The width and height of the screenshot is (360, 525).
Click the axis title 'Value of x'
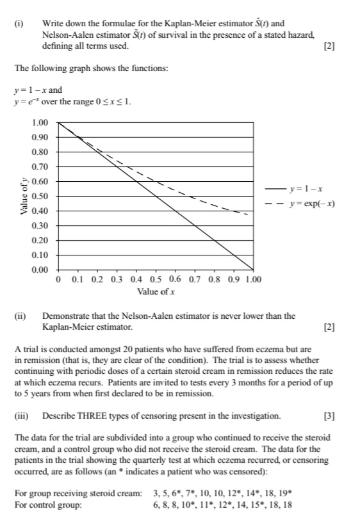pyautogui.click(x=156, y=292)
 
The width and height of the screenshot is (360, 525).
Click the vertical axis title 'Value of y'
pyautogui.click(x=24, y=195)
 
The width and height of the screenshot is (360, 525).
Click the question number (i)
pyautogui.click(x=19, y=24)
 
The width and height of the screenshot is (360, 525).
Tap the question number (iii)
pyautogui.click(x=21, y=416)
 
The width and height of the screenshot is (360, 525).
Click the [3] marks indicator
pyautogui.click(x=329, y=416)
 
